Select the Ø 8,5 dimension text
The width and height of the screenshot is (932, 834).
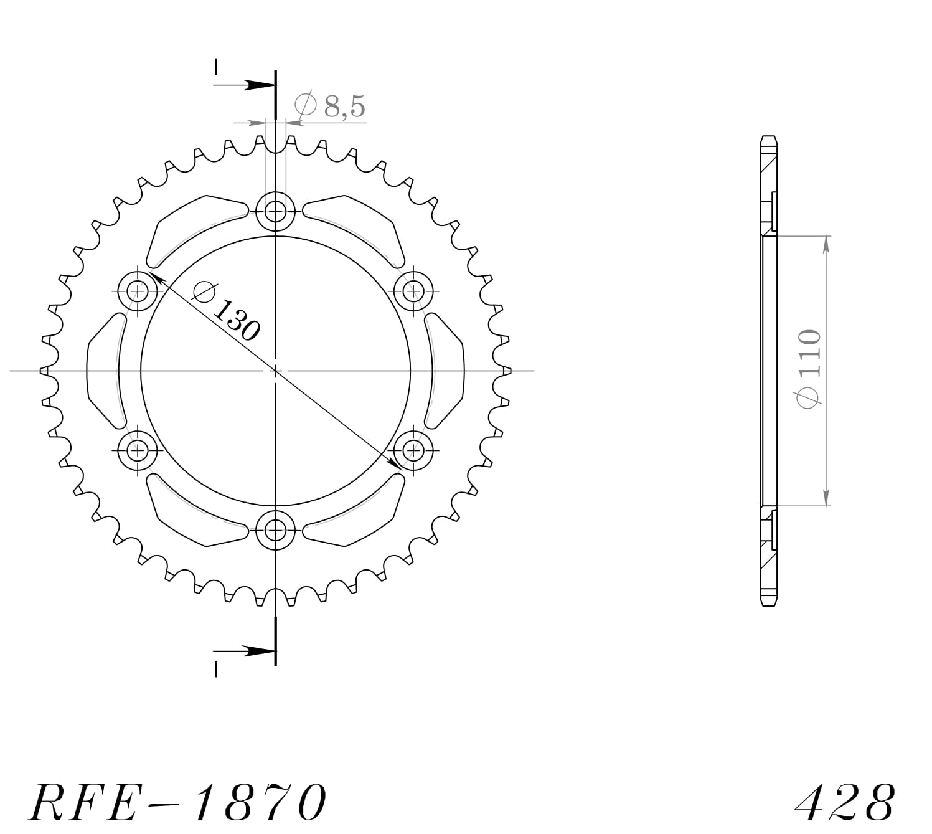pos(330,107)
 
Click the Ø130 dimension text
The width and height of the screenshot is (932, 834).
pos(225,311)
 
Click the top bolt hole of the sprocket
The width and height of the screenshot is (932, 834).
pos(275,211)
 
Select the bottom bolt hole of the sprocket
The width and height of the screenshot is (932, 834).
pos(275,531)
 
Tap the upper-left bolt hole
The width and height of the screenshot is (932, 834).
pos(137,291)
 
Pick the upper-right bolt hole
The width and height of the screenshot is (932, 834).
pos(413,291)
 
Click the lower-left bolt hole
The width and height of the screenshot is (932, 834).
pos(137,450)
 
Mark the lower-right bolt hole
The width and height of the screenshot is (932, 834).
pos(413,450)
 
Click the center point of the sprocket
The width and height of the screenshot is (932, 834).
pos(275,371)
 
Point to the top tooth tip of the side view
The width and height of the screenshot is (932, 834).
pos(769,139)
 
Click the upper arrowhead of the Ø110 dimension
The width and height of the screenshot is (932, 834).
pos(826,245)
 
